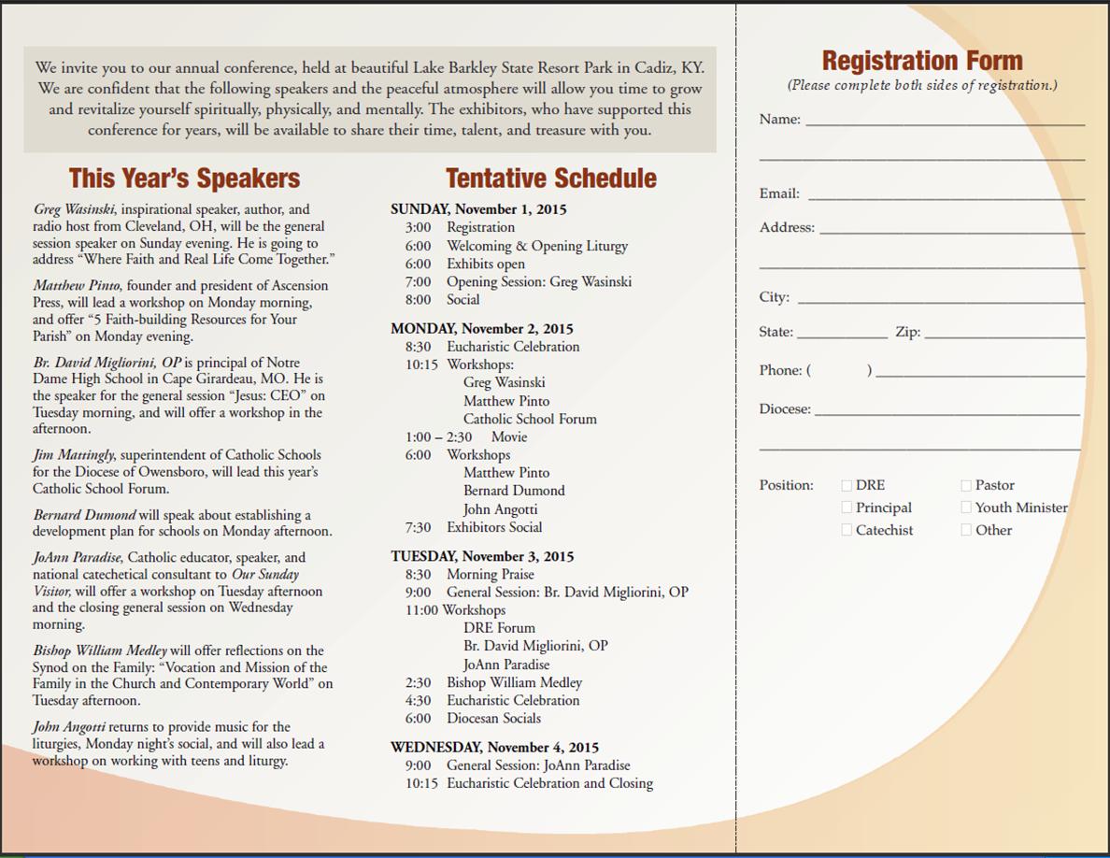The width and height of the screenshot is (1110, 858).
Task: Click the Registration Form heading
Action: pyautogui.click(x=922, y=61)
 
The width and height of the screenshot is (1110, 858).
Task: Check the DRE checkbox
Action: pyautogui.click(x=847, y=485)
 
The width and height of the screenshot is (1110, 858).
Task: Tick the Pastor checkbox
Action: pyautogui.click(x=966, y=485)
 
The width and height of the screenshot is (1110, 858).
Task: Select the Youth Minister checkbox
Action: pyautogui.click(x=966, y=508)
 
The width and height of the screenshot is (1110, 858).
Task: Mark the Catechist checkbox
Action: pyautogui.click(x=847, y=530)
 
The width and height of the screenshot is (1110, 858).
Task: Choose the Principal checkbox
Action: pyautogui.click(x=847, y=508)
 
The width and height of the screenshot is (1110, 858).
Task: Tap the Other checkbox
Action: pyautogui.click(x=966, y=530)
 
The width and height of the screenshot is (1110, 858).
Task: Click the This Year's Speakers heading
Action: pyautogui.click(x=184, y=179)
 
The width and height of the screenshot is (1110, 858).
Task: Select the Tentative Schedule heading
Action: pyautogui.click(x=550, y=179)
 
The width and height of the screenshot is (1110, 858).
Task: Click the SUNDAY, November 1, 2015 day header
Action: pyautogui.click(x=478, y=209)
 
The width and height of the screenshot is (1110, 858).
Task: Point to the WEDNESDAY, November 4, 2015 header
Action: pyautogui.click(x=494, y=748)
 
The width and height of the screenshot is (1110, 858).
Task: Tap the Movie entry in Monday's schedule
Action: pyautogui.click(x=509, y=437)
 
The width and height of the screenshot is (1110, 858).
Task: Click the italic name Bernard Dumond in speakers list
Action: pyautogui.click(x=84, y=515)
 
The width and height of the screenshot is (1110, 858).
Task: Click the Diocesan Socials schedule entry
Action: pyautogui.click(x=493, y=719)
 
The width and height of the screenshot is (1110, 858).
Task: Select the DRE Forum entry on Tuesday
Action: pyautogui.click(x=499, y=628)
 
